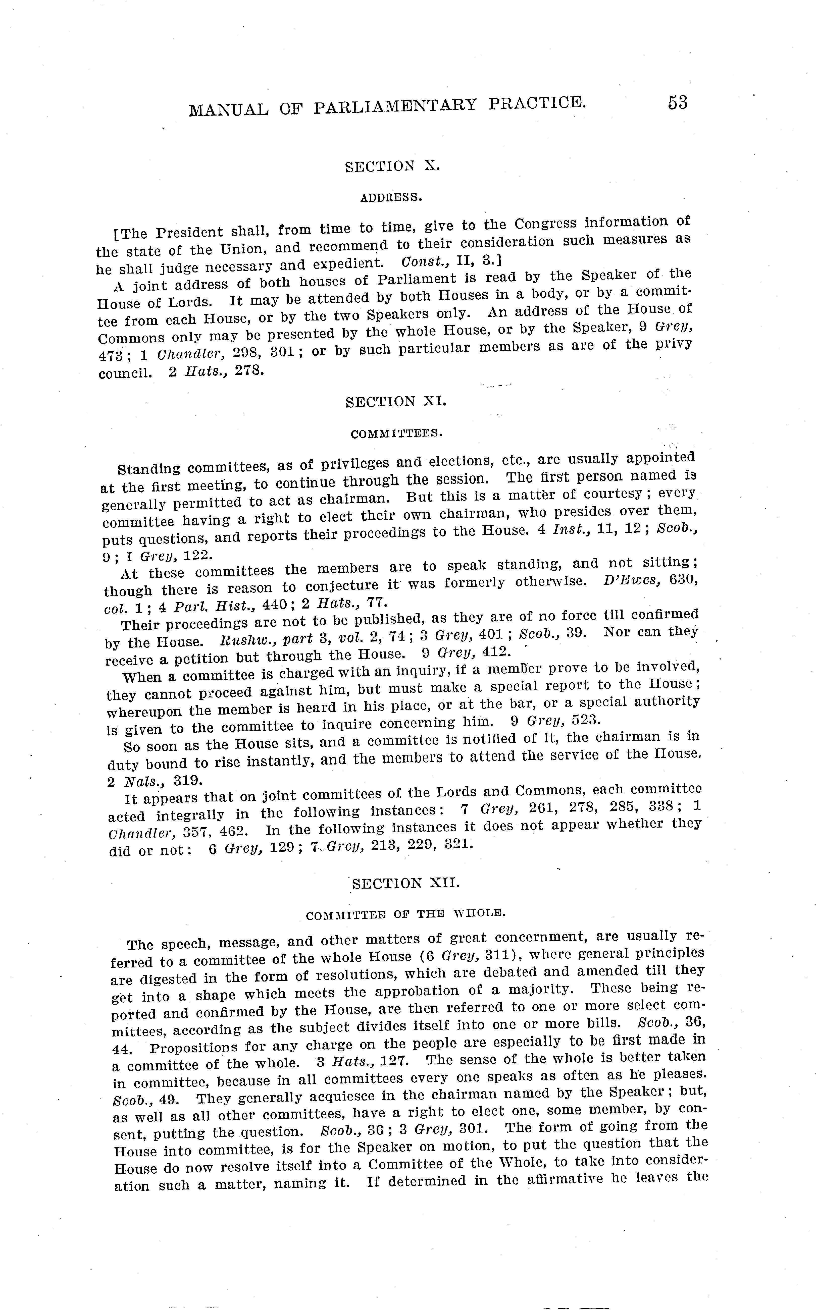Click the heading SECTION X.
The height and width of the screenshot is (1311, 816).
click(x=392, y=166)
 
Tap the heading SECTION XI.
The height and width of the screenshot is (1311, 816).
click(x=396, y=402)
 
